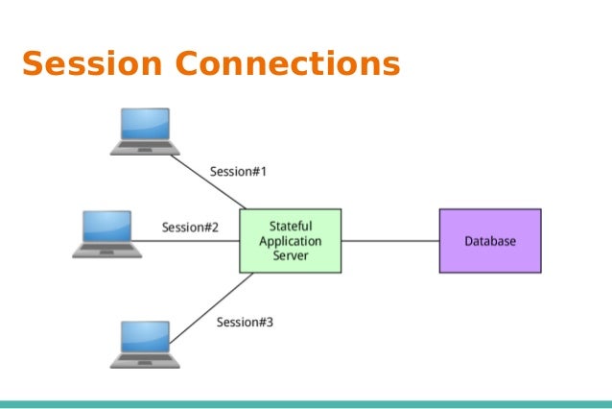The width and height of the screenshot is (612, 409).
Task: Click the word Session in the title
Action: tap(92, 63)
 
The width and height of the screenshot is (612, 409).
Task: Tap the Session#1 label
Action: tap(238, 172)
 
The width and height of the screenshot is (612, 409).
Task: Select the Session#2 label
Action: tap(190, 228)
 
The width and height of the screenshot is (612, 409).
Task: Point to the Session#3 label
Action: tap(245, 322)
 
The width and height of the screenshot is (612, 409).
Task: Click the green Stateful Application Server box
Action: tap(290, 240)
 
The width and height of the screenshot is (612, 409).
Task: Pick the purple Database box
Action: tap(489, 240)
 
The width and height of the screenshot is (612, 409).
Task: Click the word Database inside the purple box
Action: tap(489, 241)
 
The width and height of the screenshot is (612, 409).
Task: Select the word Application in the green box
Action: tap(290, 240)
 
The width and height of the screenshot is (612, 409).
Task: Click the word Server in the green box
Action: tap(290, 257)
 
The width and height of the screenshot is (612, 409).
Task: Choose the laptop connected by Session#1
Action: tap(145, 132)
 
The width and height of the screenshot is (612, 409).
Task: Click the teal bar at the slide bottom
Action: tap(306, 404)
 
